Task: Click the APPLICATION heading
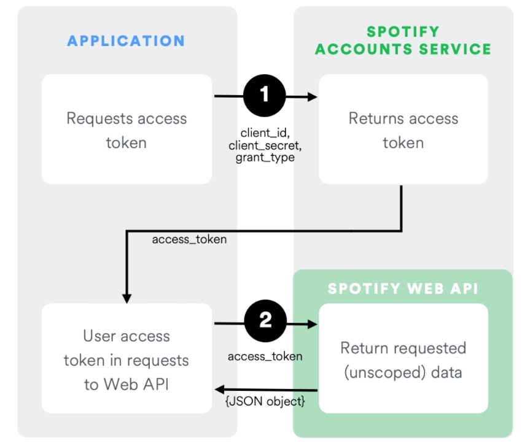coord(126,41)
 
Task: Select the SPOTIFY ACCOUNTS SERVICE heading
coord(403,40)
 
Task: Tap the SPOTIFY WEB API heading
coord(403,288)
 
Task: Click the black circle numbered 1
coord(265,96)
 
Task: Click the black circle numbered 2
coord(265,322)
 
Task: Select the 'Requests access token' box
coord(127,129)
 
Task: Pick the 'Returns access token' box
coord(403,129)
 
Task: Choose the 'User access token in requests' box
coord(127,358)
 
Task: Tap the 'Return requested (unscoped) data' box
coord(403,358)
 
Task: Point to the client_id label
coord(265,133)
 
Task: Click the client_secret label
coord(265,145)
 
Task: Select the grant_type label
coord(265,158)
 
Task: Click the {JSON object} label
coord(265,402)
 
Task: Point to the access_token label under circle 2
coord(265,356)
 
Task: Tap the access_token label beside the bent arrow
coord(189,239)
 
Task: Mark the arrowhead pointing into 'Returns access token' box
coord(312,96)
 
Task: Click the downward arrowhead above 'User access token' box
coord(127,298)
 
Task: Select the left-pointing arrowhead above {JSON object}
coord(219,390)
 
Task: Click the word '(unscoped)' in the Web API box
coord(377,372)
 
